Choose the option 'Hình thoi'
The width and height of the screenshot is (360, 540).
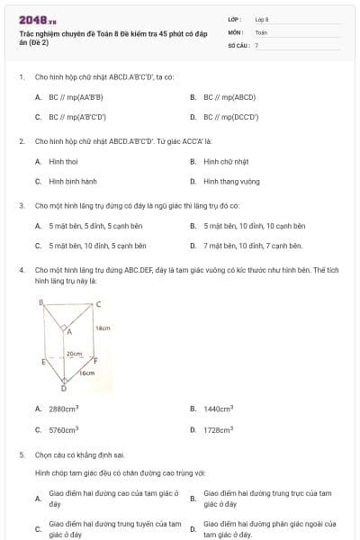[x=63, y=161]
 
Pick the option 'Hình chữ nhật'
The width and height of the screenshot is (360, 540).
[x=225, y=161]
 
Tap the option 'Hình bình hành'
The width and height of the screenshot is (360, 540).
[x=73, y=181]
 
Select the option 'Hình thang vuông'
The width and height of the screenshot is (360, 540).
[x=231, y=181]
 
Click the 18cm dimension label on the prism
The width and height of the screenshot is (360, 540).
[x=103, y=328]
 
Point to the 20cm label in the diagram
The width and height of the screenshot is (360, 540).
[x=75, y=355]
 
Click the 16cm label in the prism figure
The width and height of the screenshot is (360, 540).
[x=87, y=372]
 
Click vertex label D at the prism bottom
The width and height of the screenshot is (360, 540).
[x=63, y=389]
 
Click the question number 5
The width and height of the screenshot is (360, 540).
[x=21, y=455]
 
